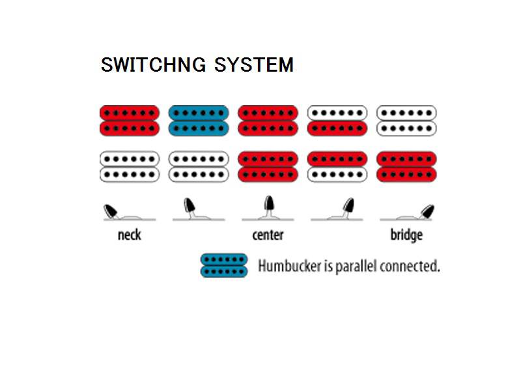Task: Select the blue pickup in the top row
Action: [198, 121]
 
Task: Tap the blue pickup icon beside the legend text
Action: [224, 265]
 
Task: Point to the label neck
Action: [129, 235]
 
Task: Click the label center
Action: [268, 235]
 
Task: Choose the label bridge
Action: [406, 235]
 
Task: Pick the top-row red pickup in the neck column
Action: [129, 121]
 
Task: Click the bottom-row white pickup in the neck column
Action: [129, 167]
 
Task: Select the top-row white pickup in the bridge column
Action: [406, 121]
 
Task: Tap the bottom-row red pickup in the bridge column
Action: [406, 167]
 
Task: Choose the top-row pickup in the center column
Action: [268, 121]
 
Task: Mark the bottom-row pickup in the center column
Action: [268, 167]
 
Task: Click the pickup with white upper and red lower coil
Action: [337, 121]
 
